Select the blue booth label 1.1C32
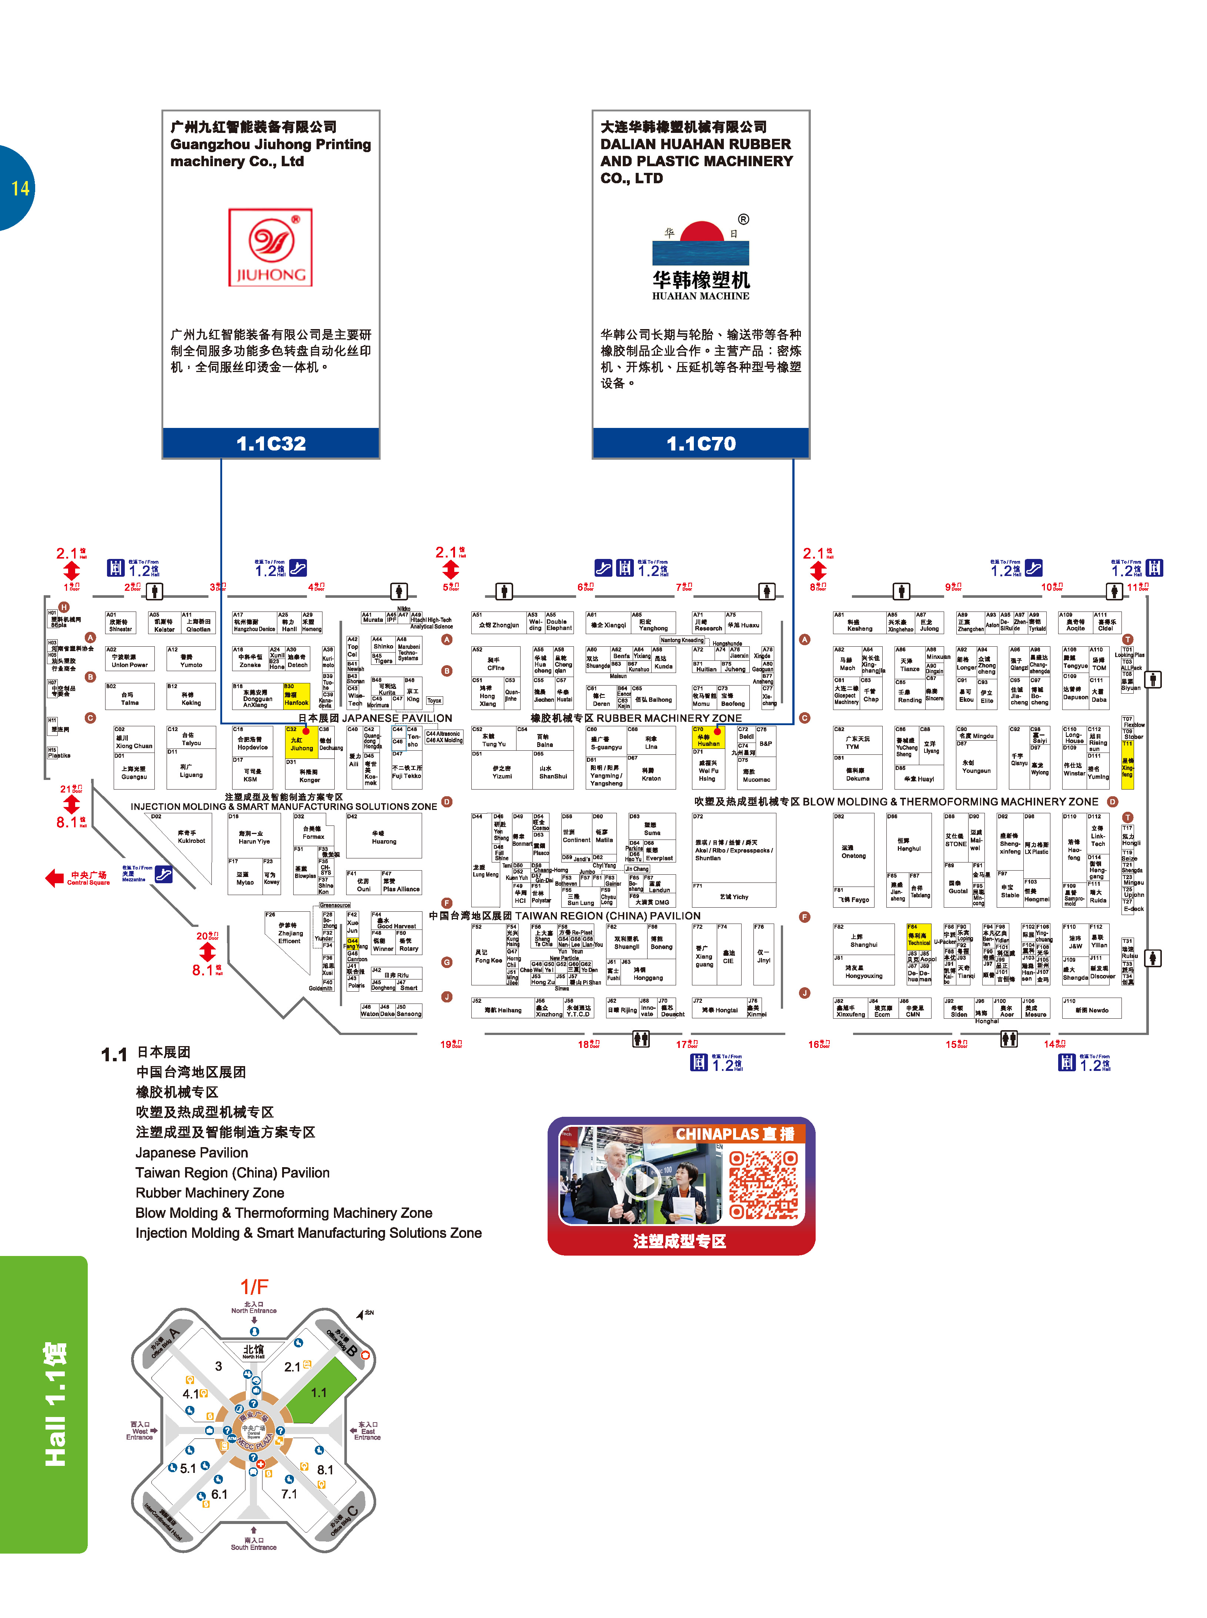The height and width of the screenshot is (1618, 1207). coord(271,443)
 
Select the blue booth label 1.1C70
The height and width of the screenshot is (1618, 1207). coord(701,443)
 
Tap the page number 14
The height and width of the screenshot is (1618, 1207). coord(20,188)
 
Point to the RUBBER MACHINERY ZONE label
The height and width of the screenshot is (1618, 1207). coord(669,718)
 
